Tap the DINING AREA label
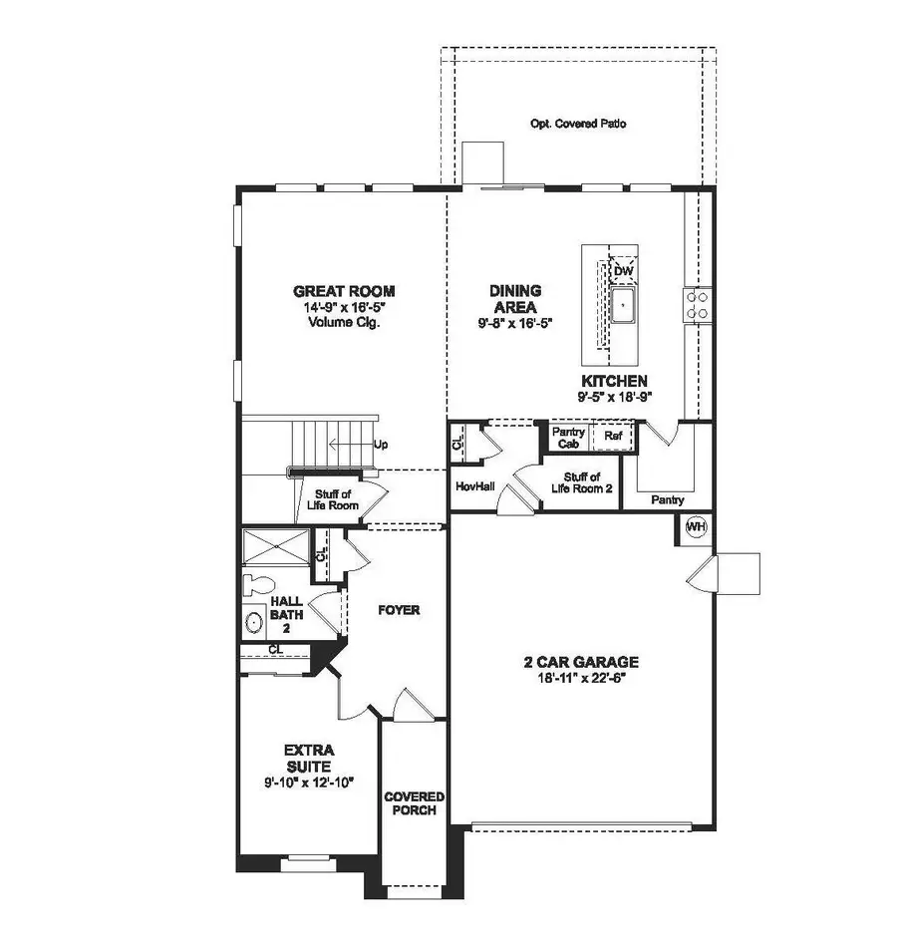(514, 298)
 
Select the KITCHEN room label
(615, 381)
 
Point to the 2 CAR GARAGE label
(581, 661)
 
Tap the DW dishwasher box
(623, 271)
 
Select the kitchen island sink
(623, 307)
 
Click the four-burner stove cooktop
(697, 304)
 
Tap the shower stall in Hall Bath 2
(275, 549)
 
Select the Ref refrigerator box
(613, 436)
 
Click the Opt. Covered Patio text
(578, 125)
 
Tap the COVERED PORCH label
(415, 803)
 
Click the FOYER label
(398, 609)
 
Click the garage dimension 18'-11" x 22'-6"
(581, 677)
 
